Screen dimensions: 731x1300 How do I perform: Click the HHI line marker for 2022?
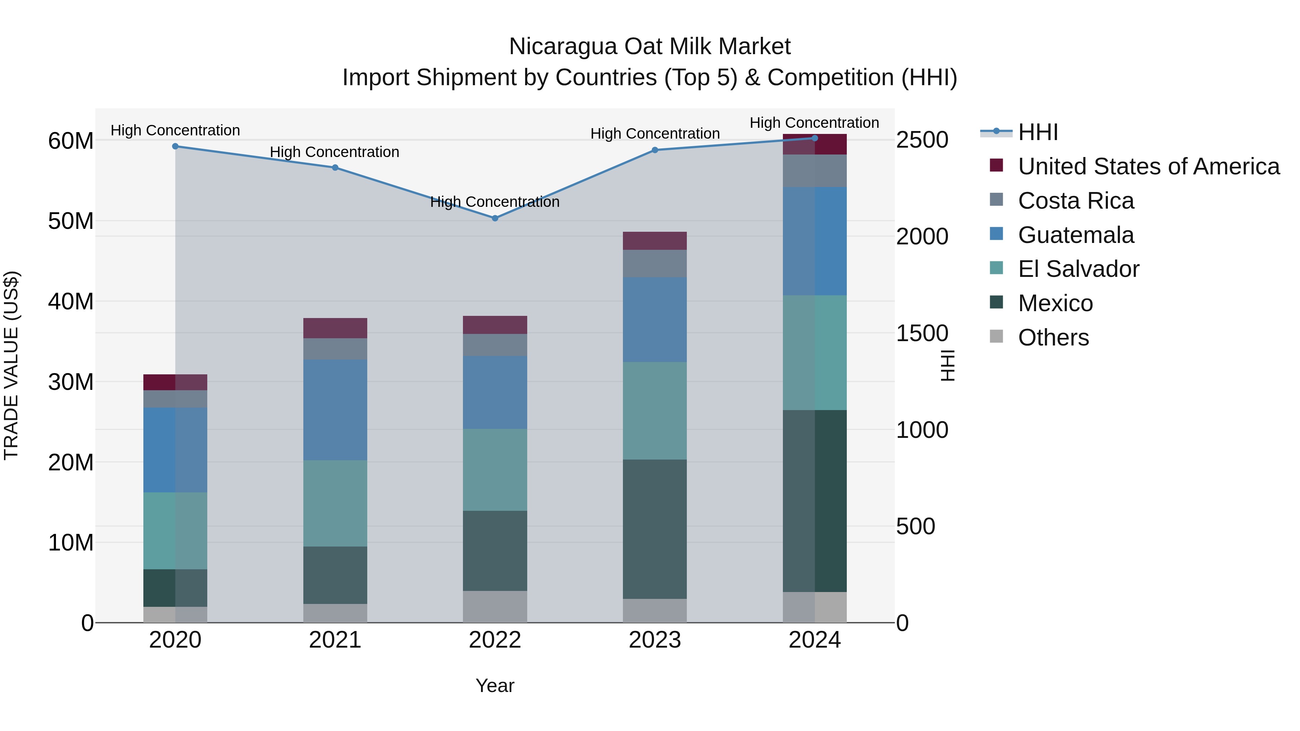[495, 218]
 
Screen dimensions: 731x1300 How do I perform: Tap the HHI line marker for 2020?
[175, 146]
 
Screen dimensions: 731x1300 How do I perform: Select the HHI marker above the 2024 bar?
[815, 138]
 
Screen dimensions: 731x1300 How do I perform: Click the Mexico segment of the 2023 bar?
[655, 529]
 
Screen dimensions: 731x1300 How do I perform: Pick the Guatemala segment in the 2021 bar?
[335, 410]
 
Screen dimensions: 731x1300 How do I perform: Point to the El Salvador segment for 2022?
[495, 470]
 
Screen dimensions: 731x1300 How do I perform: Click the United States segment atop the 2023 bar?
[655, 241]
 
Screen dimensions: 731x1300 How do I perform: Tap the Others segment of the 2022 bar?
[495, 606]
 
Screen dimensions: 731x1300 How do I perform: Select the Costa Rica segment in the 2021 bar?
[335, 349]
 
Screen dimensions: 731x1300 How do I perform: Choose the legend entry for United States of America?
[1148, 166]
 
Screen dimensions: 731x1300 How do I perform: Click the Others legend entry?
[1053, 338]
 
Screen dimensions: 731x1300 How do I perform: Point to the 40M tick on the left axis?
[71, 301]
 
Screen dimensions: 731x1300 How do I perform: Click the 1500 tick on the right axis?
[922, 334]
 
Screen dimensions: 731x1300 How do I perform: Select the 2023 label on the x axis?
[655, 640]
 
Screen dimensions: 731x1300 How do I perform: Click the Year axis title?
[495, 686]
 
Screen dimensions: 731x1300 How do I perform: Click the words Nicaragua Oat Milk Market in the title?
[650, 47]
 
